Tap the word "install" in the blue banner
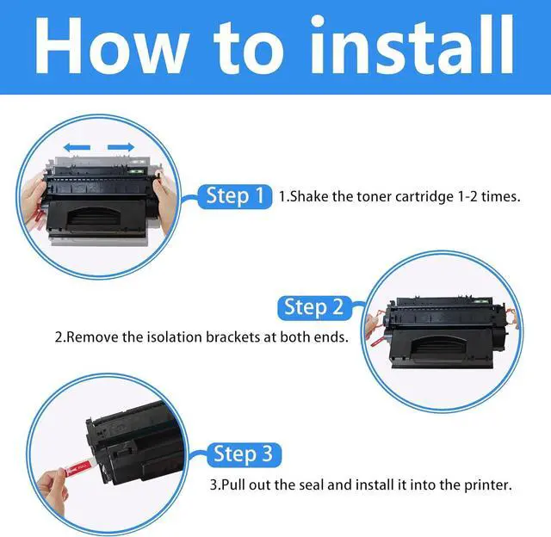(x=412, y=44)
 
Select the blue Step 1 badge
(x=235, y=196)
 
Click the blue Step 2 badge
(x=314, y=308)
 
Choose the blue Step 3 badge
(x=244, y=454)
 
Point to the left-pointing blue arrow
(x=77, y=148)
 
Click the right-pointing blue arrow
(x=121, y=147)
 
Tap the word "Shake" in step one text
(x=309, y=196)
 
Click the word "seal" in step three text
(x=312, y=485)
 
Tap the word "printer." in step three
(x=488, y=485)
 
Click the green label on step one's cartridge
(x=137, y=172)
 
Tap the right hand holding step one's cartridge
(x=164, y=204)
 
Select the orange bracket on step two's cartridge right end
(x=511, y=317)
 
